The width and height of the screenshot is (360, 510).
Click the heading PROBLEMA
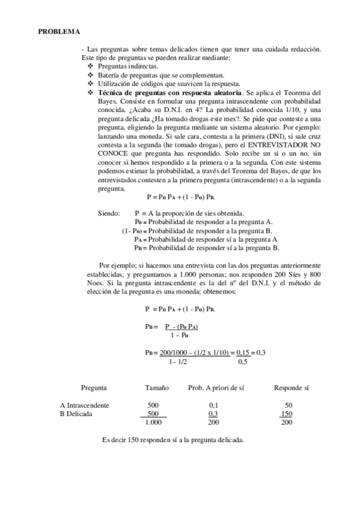(x=59, y=31)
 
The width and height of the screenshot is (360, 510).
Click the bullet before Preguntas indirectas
(x=91, y=66)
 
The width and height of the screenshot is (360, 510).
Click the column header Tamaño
(x=157, y=388)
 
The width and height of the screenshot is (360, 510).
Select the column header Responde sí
(x=291, y=388)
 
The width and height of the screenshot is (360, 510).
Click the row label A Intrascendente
(x=85, y=405)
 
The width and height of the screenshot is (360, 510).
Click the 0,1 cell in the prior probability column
(x=213, y=405)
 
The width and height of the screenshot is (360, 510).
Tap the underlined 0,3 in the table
(x=213, y=414)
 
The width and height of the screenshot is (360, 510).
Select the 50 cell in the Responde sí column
(x=288, y=405)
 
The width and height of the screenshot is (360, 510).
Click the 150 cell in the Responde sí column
(x=287, y=414)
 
